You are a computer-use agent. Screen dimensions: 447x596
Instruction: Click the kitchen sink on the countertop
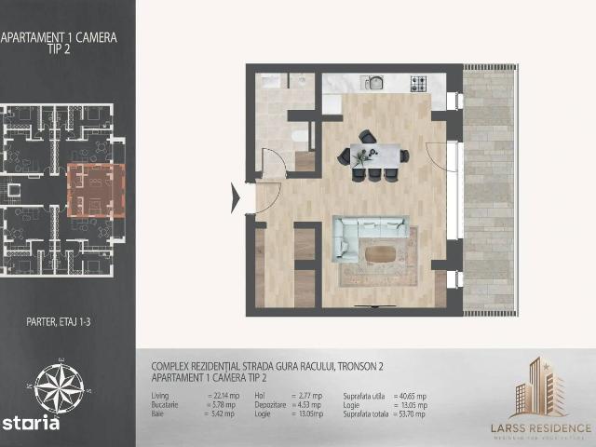pyautogui.click(x=376, y=82)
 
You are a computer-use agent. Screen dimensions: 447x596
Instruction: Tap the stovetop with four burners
pyautogui.click(x=418, y=83)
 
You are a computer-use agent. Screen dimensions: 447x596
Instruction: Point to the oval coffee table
pyautogui.click(x=379, y=252)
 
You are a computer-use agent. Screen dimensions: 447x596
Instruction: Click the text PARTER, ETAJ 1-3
pyautogui.click(x=59, y=324)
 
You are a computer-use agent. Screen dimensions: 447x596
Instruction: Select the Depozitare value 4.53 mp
pyautogui.click(x=308, y=406)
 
